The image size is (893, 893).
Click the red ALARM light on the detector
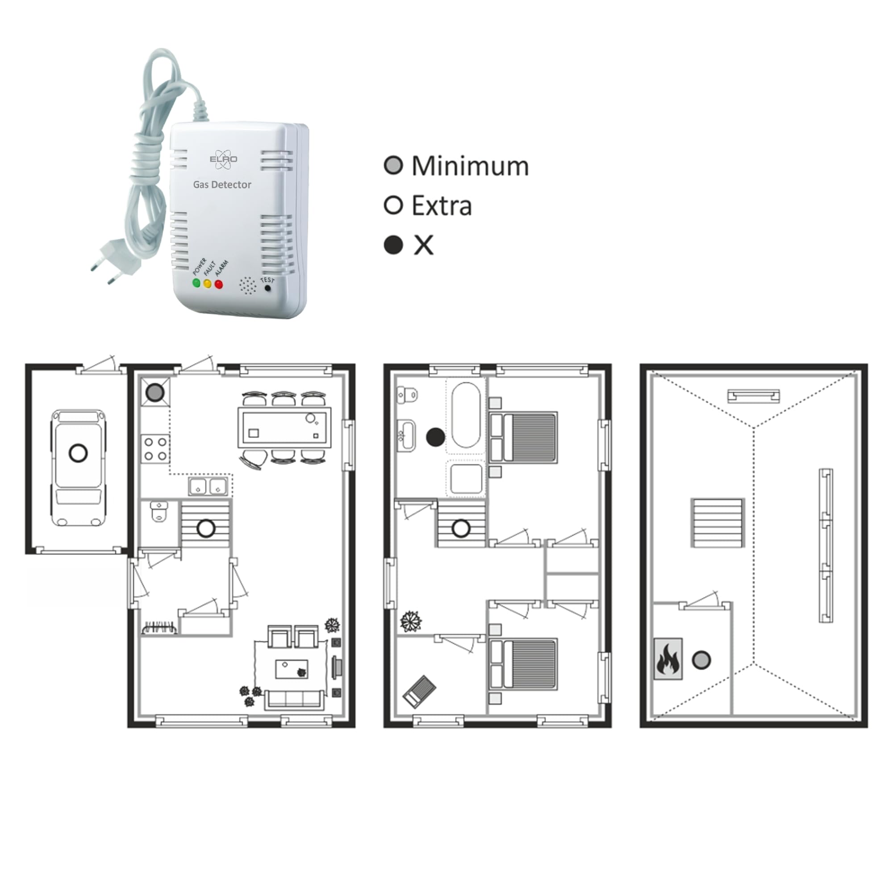219,284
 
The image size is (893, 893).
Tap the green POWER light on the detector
196,283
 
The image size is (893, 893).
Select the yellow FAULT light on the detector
208,284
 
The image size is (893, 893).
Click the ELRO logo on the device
223,159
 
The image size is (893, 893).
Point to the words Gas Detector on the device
222,184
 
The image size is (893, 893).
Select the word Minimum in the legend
470,166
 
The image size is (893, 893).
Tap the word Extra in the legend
442,206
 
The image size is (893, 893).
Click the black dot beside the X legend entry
394,245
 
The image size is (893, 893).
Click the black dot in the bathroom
435,437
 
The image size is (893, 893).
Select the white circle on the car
78,452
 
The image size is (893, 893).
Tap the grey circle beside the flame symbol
701,659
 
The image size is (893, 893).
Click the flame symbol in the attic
668,659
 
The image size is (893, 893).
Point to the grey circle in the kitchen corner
155,392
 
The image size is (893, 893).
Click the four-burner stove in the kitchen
155,449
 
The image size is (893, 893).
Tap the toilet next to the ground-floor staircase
158,512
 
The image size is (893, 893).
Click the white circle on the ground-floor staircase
206,528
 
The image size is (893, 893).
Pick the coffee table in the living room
292,669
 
